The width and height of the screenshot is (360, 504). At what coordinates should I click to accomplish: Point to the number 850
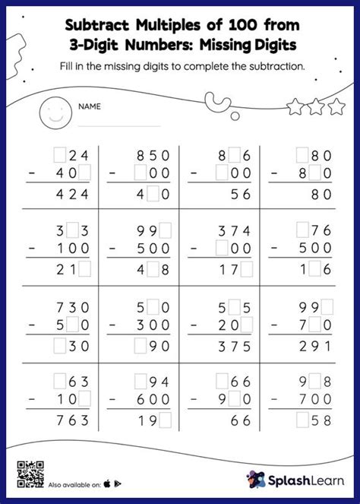pyautogui.click(x=153, y=155)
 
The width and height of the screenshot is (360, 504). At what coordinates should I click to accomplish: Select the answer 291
pyautogui.click(x=313, y=344)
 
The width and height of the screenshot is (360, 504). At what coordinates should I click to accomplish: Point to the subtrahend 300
pyautogui.click(x=153, y=325)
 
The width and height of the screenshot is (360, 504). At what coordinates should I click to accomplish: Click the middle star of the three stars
pyautogui.click(x=316, y=108)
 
